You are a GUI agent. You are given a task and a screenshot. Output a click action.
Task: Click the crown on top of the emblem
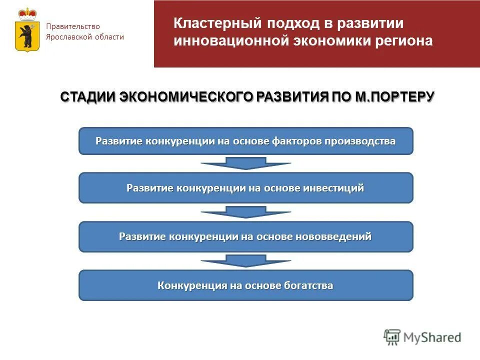click(x=26, y=14)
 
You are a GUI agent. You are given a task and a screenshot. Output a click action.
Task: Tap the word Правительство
click(x=73, y=26)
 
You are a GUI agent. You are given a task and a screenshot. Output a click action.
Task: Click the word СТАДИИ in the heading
click(x=88, y=96)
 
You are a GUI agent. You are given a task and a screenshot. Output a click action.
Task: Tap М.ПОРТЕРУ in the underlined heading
click(x=394, y=96)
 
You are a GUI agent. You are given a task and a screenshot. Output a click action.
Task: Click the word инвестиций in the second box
click(x=333, y=188)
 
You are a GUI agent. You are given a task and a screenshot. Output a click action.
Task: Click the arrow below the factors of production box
click(x=245, y=163)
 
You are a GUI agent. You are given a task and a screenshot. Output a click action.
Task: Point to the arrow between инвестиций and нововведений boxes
click(x=245, y=212)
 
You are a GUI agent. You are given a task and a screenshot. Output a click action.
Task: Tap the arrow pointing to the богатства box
click(x=245, y=260)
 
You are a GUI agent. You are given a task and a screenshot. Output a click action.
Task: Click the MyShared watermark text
click(x=432, y=337)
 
